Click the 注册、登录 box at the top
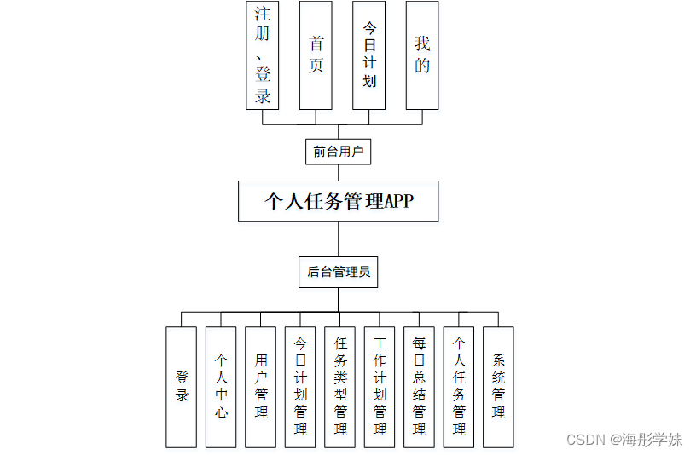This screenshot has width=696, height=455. (263, 55)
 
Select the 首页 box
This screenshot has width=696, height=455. (316, 55)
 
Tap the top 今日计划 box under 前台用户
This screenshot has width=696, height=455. (368, 55)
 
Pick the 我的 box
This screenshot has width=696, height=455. (422, 55)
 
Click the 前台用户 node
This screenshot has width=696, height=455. (338, 152)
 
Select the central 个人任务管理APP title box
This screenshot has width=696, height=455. (338, 201)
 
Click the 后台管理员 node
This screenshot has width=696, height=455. (338, 272)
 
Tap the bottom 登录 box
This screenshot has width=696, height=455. (181, 387)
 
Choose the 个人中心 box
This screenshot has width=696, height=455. (221, 387)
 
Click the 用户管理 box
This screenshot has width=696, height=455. (261, 387)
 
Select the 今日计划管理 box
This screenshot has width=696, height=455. (300, 387)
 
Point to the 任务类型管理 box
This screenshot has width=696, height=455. (340, 387)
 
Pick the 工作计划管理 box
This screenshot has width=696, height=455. (380, 387)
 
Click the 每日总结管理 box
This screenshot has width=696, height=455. (419, 387)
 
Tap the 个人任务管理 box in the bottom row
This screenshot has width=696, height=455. (459, 387)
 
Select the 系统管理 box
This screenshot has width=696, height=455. (498, 387)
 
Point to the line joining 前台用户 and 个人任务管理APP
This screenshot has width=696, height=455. (338, 172)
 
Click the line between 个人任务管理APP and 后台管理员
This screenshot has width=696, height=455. (338, 239)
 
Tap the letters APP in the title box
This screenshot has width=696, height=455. (398, 202)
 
